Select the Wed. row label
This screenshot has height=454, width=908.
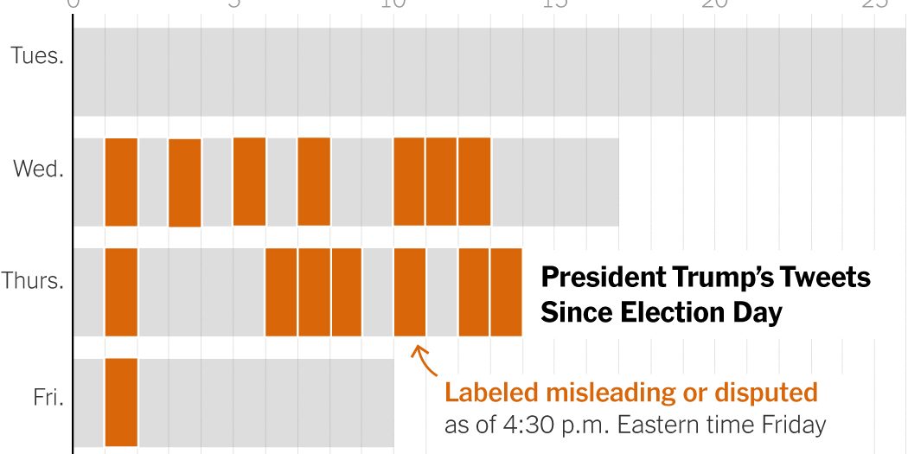tap(38, 169)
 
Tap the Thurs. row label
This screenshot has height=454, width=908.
tap(33, 280)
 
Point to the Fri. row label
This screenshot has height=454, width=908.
tap(45, 399)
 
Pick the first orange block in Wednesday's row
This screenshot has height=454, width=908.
tap(121, 182)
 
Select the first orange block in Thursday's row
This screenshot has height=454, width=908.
tap(121, 291)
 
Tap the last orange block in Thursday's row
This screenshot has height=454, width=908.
tap(506, 291)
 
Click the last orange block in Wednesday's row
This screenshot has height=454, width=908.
tap(474, 182)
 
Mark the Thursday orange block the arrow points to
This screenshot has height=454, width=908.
tap(409, 291)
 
